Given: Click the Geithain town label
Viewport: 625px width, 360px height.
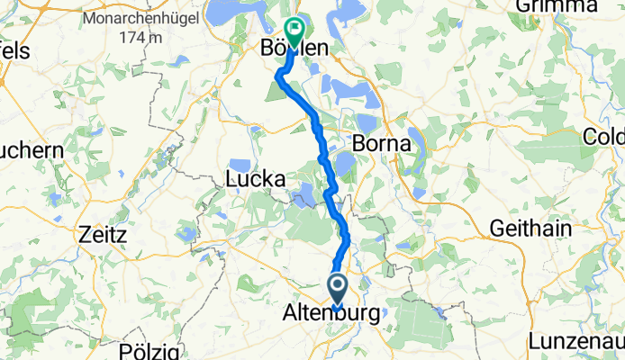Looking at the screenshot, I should coord(530,229).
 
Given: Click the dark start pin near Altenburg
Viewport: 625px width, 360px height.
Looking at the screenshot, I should coord(338,290).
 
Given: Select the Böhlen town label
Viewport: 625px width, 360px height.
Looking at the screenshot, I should coord(290,47).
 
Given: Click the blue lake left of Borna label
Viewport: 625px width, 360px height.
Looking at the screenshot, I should coord(344,162).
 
